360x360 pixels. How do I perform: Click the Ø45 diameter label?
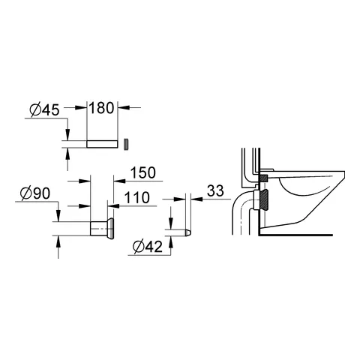click(x=44, y=110)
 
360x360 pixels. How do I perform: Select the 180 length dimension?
click(x=101, y=108)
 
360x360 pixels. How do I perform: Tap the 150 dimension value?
click(x=143, y=172)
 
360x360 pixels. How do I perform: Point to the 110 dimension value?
click(x=137, y=198)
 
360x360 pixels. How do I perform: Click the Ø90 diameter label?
click(x=35, y=193)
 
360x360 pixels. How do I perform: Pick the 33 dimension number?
click(x=215, y=191)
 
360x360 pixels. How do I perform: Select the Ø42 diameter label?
click(x=148, y=247)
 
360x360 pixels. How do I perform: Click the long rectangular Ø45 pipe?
click(x=102, y=144)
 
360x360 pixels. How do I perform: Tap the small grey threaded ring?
click(x=127, y=144)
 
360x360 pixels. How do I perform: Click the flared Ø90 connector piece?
click(x=102, y=229)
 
